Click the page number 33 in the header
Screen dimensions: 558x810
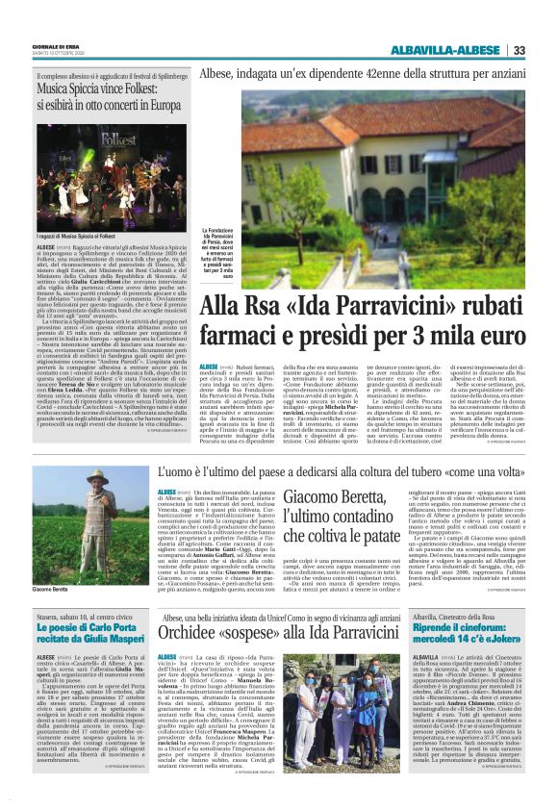(x=520, y=50)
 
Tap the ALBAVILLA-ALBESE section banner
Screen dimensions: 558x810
(x=446, y=50)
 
